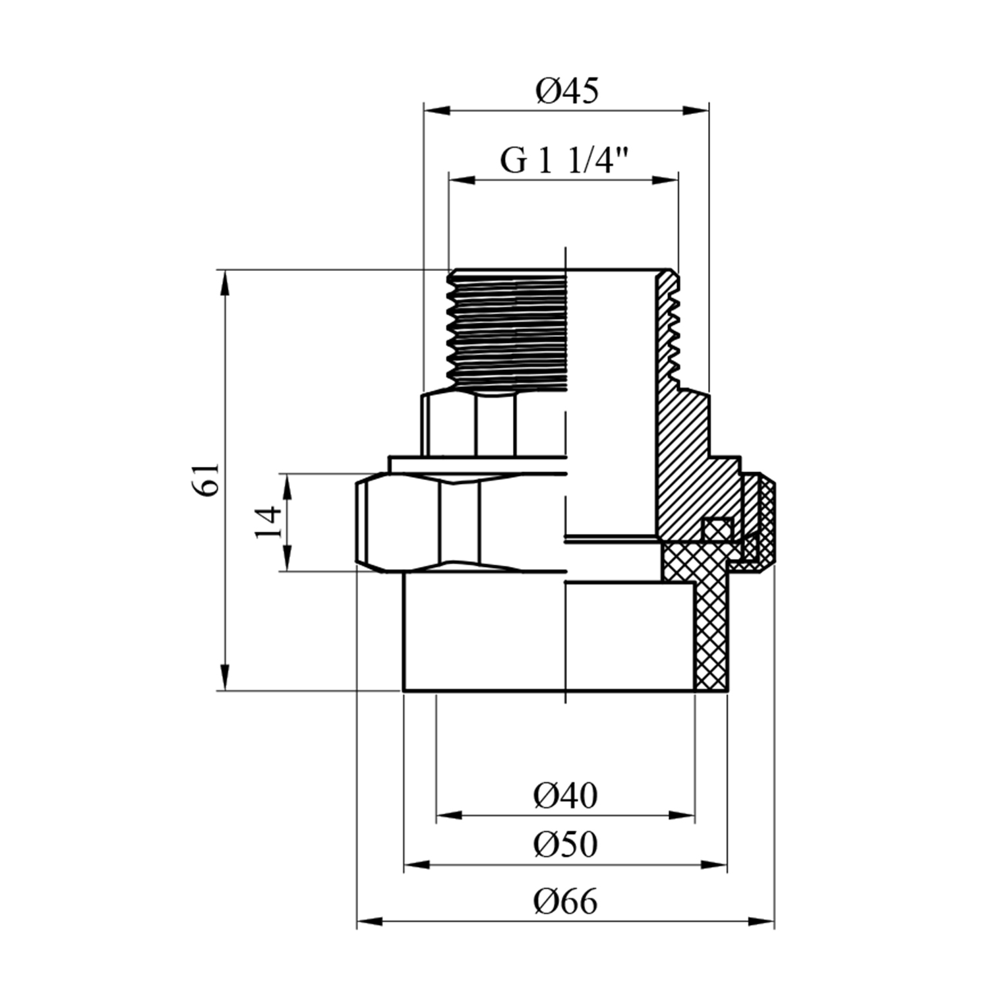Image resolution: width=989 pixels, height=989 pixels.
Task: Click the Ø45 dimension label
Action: (x=567, y=91)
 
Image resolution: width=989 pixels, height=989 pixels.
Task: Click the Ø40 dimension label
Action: (x=565, y=796)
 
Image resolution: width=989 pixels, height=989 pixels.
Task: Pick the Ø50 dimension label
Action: (x=565, y=844)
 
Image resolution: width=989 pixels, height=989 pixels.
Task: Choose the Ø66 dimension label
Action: (x=565, y=901)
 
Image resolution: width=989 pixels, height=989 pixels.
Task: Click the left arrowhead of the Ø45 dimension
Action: (x=435, y=110)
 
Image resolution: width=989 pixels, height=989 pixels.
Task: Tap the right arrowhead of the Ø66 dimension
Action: (x=762, y=920)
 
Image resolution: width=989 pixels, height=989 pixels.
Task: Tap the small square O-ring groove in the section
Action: (x=717, y=528)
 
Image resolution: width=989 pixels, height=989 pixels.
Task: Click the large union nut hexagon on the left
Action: (x=422, y=522)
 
